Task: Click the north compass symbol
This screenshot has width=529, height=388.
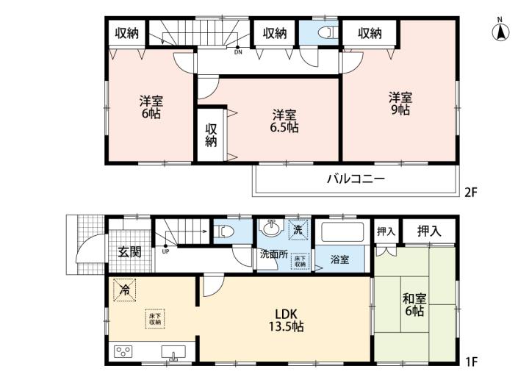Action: pos(500,31)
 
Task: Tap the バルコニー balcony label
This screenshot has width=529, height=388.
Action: pos(356,179)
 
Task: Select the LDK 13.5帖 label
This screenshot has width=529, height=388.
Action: pos(286,320)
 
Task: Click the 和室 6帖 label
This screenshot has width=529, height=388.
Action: pos(414,305)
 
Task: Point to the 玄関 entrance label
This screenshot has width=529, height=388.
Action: pos(129,252)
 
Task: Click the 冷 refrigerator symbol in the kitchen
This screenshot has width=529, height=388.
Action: pos(125,290)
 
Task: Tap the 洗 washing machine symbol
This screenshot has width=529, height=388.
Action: pos(298,229)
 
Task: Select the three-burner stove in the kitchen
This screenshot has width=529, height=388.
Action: pos(123,351)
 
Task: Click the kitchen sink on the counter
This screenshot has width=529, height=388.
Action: pos(173,353)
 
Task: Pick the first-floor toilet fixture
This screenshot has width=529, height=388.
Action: pos(225,231)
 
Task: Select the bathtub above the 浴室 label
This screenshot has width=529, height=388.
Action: pos(342,231)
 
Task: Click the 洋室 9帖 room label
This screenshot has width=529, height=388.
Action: pos(400,104)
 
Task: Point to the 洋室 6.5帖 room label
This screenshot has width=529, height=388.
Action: pos(285,121)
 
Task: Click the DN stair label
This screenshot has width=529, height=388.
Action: pos(238,52)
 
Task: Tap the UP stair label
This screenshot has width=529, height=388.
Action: pos(165,251)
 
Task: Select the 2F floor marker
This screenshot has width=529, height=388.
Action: pos(471,193)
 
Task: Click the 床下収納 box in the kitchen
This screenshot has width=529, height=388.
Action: pos(155,319)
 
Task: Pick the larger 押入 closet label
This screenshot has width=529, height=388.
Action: pos(429,231)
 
